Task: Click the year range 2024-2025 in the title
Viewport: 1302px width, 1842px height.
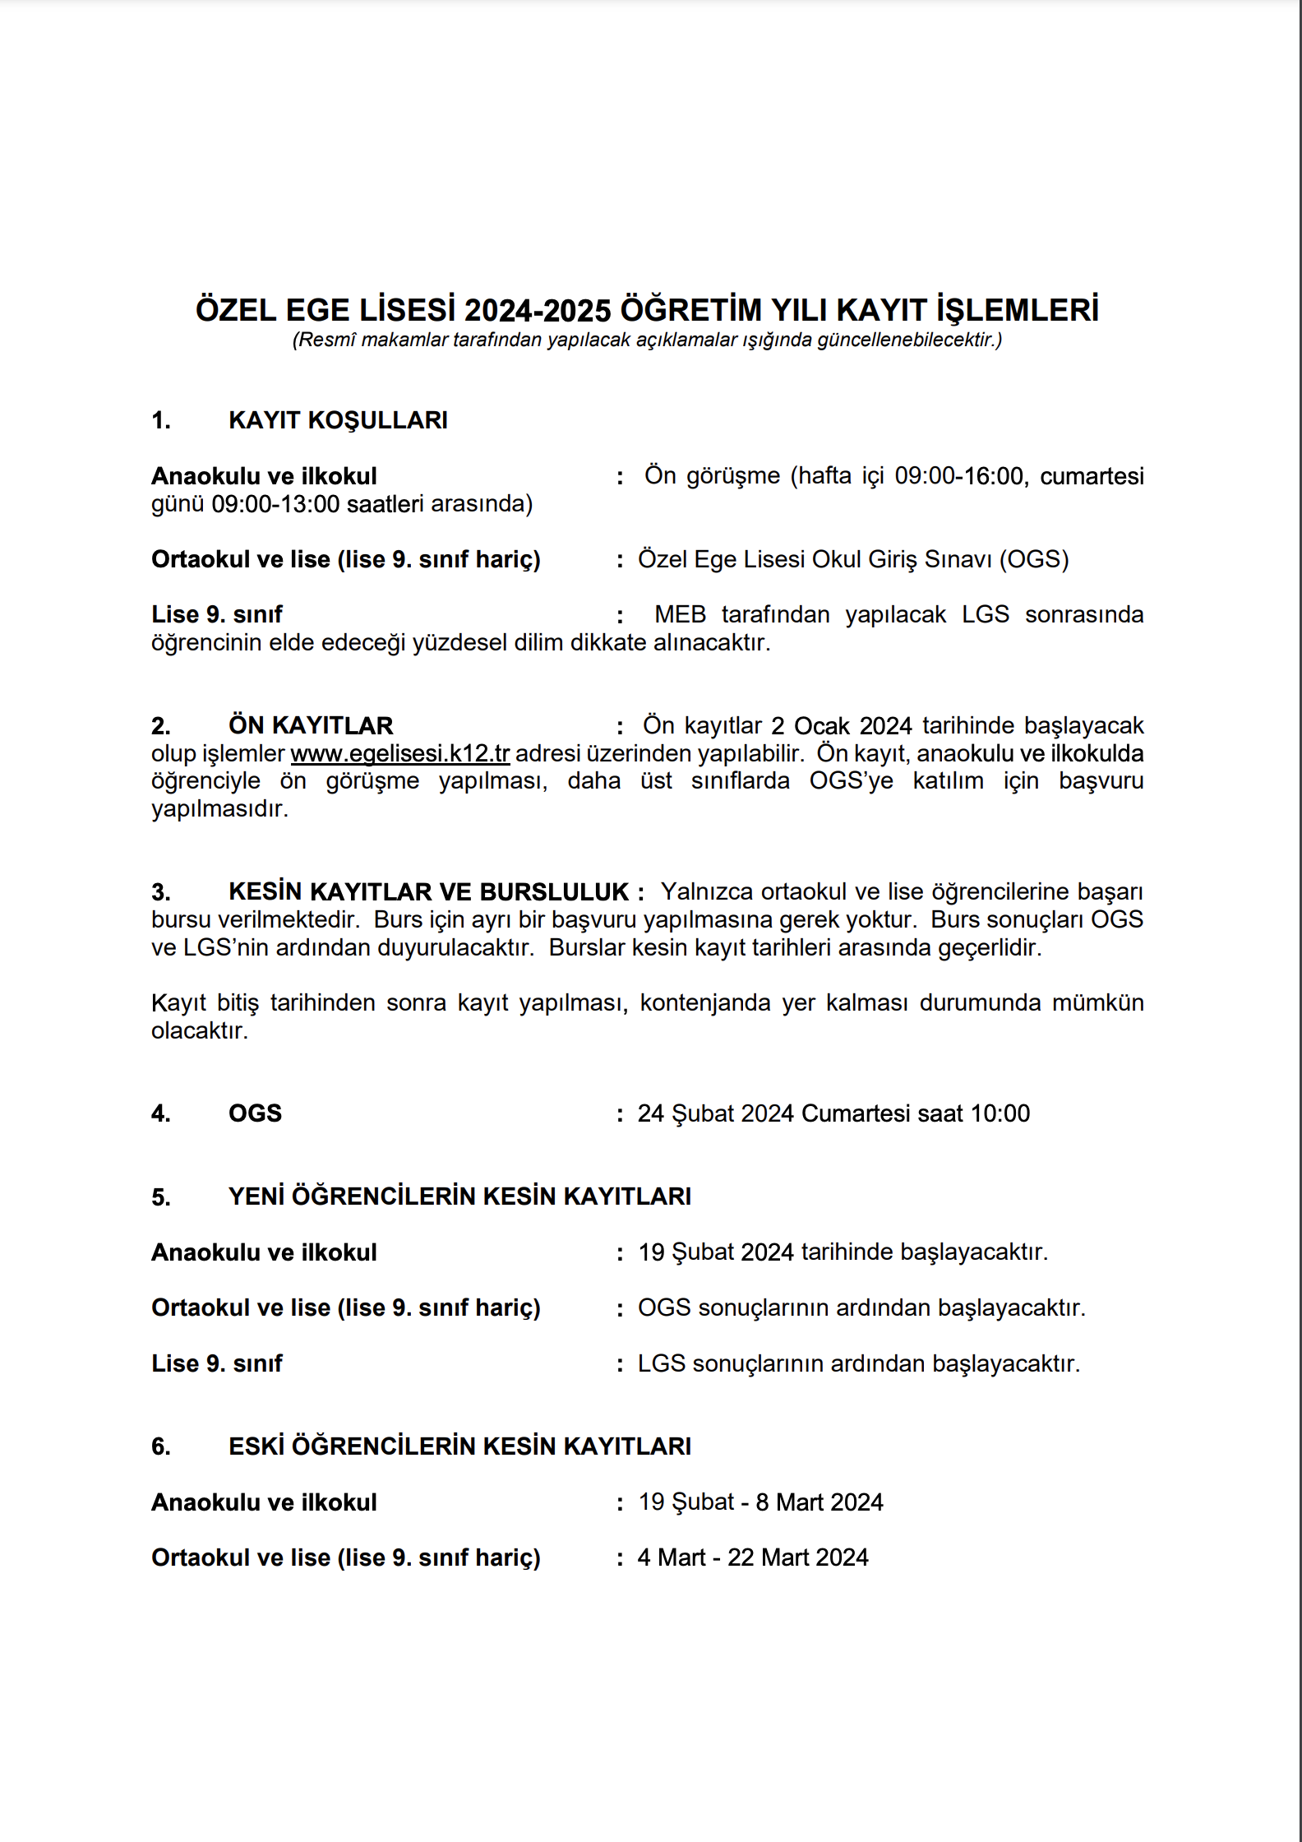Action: [538, 311]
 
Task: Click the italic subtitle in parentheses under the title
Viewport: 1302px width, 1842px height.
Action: [647, 340]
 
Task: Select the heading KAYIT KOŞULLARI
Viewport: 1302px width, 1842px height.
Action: [338, 420]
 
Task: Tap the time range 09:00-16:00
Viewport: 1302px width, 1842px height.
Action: [959, 476]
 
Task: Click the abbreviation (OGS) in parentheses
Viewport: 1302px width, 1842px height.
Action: [1034, 559]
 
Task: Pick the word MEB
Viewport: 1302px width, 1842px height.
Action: [680, 615]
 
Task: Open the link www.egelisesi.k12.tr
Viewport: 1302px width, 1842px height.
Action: [400, 754]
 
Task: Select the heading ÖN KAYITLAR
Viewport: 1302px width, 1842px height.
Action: [311, 726]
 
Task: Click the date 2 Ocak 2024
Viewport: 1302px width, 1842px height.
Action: [841, 726]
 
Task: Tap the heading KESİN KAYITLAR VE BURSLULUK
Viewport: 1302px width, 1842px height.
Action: [428, 892]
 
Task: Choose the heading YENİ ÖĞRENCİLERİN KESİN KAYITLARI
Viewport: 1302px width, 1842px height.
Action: [459, 1196]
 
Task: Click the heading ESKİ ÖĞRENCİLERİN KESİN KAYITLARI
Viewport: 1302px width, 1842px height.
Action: [459, 1446]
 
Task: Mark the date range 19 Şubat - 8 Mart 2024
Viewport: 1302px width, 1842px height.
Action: [760, 1502]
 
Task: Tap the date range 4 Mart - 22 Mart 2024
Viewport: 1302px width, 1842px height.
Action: [753, 1557]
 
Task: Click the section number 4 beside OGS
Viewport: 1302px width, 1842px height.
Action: [160, 1114]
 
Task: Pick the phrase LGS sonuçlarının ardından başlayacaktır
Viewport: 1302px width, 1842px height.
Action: [858, 1363]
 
